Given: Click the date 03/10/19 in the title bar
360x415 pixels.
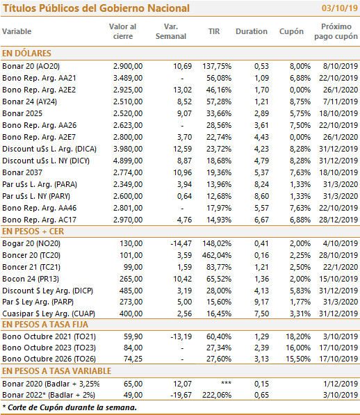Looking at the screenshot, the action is (340, 8).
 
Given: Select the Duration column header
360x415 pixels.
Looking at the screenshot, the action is (252, 31).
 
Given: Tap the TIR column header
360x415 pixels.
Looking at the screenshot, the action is (214, 31).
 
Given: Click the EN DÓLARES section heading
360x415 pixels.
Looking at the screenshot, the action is (26, 54).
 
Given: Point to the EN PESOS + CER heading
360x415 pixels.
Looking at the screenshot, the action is (33, 231).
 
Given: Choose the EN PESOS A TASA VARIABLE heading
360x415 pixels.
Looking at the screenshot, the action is (56, 371).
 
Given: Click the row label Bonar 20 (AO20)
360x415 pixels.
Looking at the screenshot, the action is (31, 66).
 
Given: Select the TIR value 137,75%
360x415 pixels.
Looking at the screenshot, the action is (217, 66).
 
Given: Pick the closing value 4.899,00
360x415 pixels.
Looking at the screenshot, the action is (128, 161).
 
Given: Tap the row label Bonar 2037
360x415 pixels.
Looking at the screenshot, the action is (22, 172).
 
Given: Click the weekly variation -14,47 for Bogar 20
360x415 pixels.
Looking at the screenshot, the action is (181, 243).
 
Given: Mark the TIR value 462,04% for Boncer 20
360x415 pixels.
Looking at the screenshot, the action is (217, 255).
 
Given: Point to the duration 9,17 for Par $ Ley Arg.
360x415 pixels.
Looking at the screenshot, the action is (261, 302).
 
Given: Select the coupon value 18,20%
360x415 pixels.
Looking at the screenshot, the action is (298, 336).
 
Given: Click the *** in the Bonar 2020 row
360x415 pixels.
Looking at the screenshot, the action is (226, 383).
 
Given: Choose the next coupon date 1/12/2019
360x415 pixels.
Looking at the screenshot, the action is (341, 384).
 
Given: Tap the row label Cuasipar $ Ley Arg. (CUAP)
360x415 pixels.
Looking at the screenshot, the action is (49, 314).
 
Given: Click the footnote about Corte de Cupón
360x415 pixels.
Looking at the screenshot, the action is (69, 407).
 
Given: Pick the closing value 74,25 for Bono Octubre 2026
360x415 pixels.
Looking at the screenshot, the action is (133, 359).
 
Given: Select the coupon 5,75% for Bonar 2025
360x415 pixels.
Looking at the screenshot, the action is (300, 113).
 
